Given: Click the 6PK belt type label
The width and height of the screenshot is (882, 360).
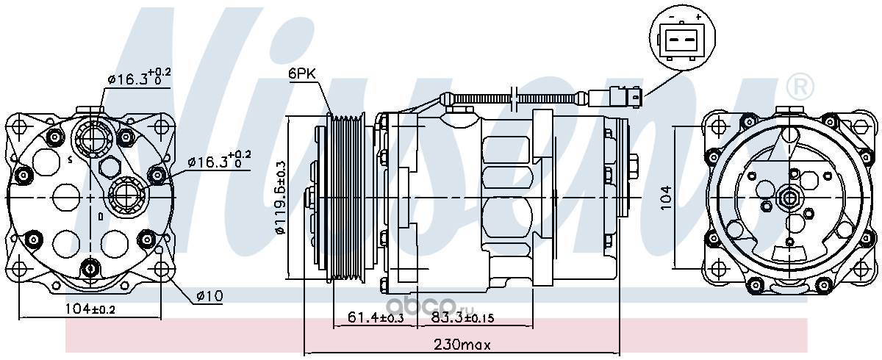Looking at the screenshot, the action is (x=302, y=73).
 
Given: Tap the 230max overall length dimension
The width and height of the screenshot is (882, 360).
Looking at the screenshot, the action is (x=462, y=345).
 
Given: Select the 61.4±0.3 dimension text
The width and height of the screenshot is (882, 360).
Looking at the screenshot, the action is (x=376, y=317).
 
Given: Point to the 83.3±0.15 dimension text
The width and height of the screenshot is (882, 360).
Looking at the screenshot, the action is (x=462, y=317).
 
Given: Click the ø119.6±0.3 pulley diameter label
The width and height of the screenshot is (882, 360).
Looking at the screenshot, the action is (x=281, y=198).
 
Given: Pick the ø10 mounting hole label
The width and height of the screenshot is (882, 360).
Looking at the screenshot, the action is (x=210, y=295).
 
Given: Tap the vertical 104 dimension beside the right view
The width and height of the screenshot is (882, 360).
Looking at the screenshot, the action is (x=665, y=198).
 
